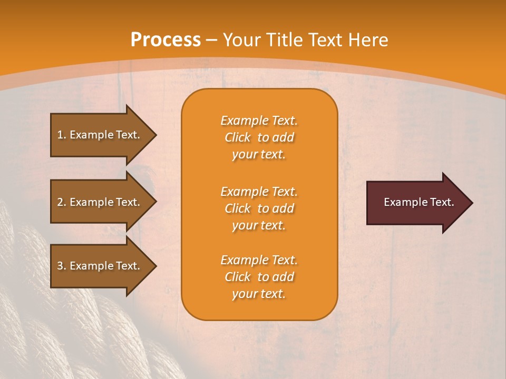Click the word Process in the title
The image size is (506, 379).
pyautogui.click(x=166, y=40)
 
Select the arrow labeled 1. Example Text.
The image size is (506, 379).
pyautogui.click(x=100, y=135)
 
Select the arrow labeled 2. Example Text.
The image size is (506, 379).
pyautogui.click(x=100, y=202)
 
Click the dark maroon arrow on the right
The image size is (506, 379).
pyautogui.click(x=416, y=203)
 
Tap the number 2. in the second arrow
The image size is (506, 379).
pyautogui.click(x=62, y=202)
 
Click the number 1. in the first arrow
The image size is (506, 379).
pyautogui.click(x=62, y=135)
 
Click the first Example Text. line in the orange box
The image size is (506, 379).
pyautogui.click(x=259, y=121)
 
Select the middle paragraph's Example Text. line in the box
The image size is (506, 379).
pyautogui.click(x=259, y=192)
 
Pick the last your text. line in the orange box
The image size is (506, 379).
pyautogui.click(x=259, y=294)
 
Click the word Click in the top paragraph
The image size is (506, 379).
pyautogui.click(x=238, y=138)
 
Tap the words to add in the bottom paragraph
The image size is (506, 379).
pyautogui.click(x=275, y=277)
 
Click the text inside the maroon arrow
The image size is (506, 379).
pyautogui.click(x=419, y=203)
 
